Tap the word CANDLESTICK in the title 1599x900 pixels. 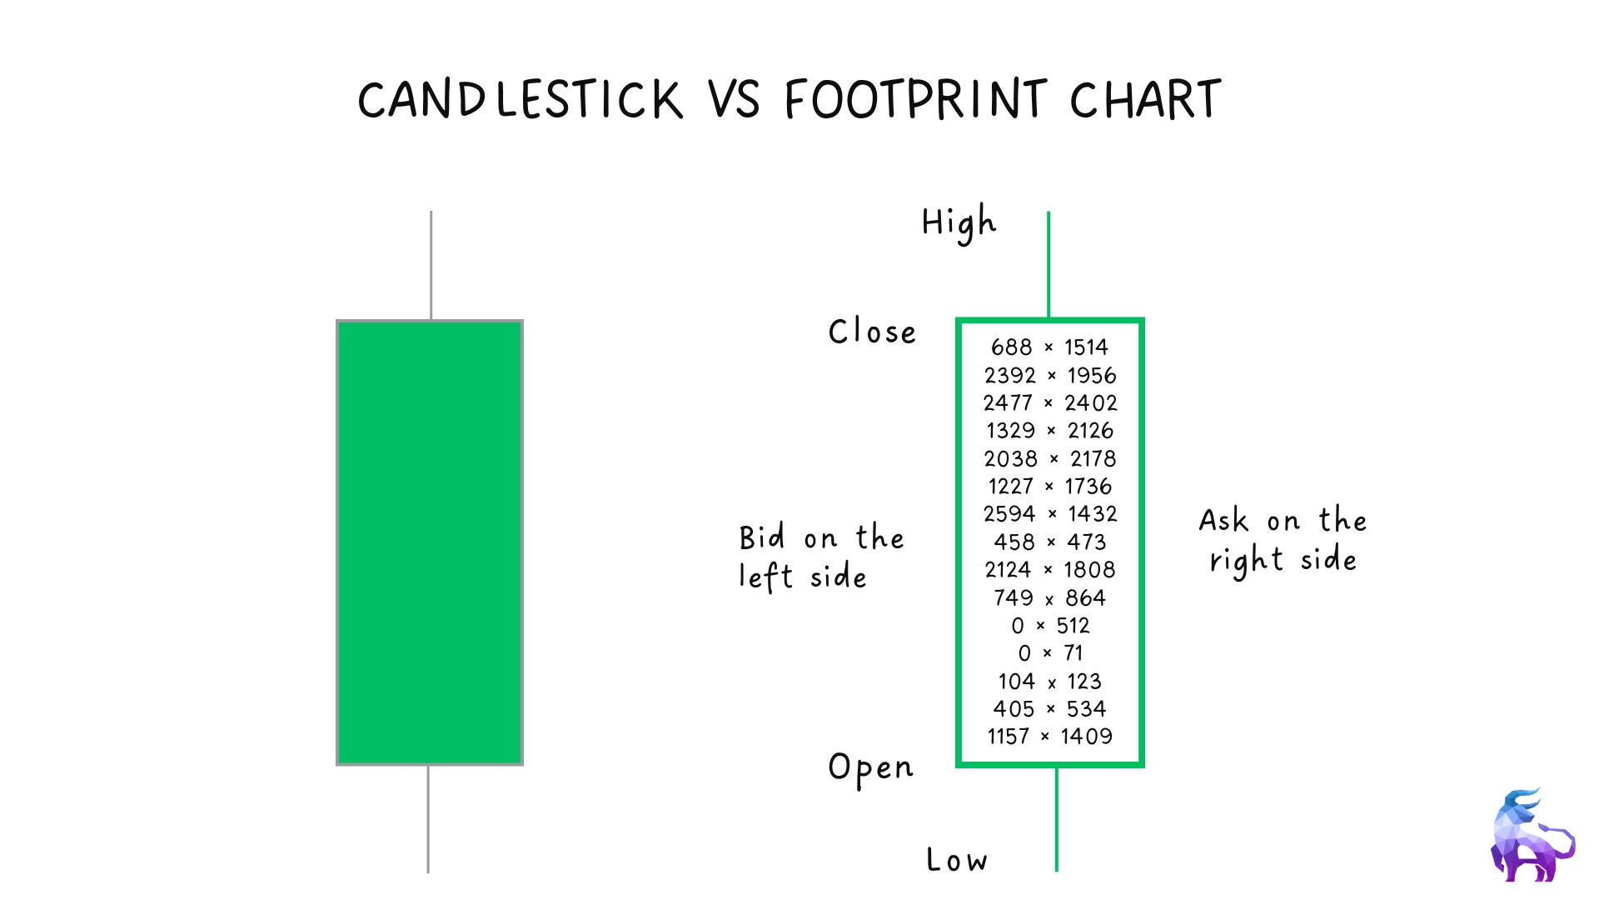(x=521, y=100)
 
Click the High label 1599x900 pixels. (x=959, y=223)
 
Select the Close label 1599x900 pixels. (x=872, y=332)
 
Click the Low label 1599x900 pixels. (x=957, y=859)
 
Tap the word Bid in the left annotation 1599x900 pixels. (x=762, y=537)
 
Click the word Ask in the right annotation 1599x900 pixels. (x=1223, y=520)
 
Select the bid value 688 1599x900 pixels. (x=1011, y=347)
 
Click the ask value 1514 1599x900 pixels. (x=1086, y=347)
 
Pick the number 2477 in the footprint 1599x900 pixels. (x=1008, y=402)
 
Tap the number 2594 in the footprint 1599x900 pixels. (x=1009, y=513)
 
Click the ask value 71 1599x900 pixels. (x=1073, y=652)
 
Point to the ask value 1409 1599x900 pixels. (x=1087, y=736)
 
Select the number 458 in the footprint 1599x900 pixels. (x=1014, y=542)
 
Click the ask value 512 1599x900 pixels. (x=1073, y=625)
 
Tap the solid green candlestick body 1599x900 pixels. (x=430, y=542)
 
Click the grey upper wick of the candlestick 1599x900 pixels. (x=431, y=265)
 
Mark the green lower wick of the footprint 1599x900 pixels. (x=1057, y=819)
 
